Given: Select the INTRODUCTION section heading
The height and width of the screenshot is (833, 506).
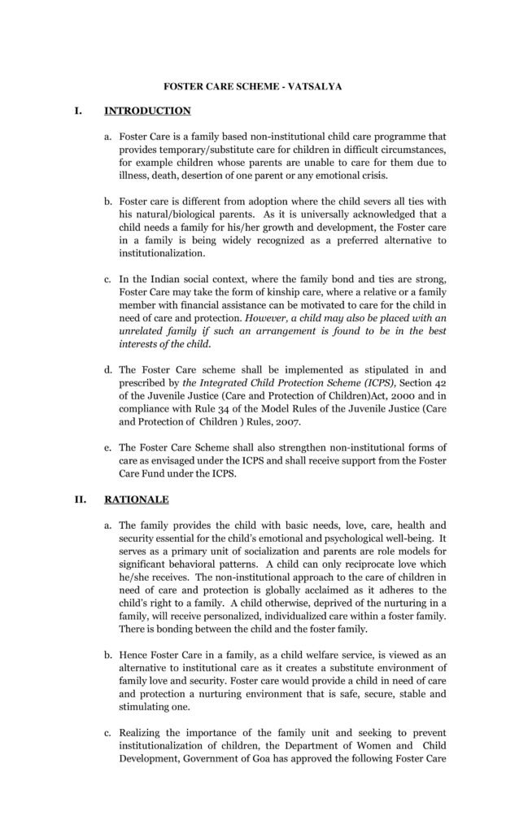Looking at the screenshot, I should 146,111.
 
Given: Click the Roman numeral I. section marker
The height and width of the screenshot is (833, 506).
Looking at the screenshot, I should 79,111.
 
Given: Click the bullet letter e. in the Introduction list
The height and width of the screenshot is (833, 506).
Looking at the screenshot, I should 109,447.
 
